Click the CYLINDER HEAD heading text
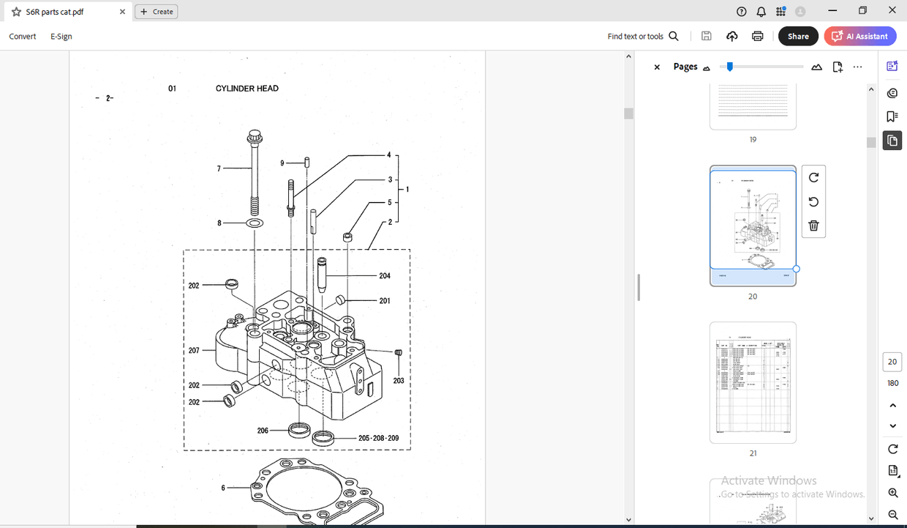coord(246,89)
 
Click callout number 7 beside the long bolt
coord(219,169)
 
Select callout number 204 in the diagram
coord(385,276)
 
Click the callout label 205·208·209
coord(378,439)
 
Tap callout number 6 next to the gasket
coord(223,488)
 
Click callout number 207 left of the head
coord(194,351)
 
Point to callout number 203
coord(399,381)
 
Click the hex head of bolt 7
coord(255,136)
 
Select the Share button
coord(798,36)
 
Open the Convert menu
coord(23,36)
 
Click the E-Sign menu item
coord(61,36)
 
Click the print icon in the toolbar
coord(757,36)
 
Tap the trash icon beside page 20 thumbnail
coord(813,226)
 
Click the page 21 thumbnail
coord(753,382)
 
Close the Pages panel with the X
coord(657,67)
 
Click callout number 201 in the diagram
coord(385,301)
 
